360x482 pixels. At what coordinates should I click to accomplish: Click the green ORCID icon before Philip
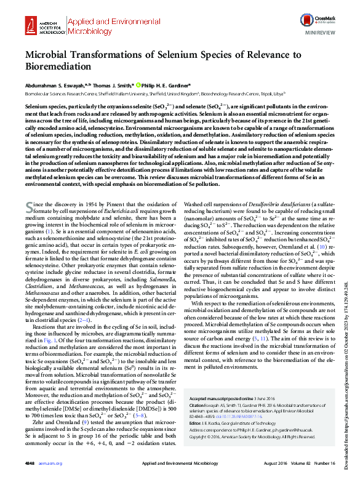click(x=138, y=86)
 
